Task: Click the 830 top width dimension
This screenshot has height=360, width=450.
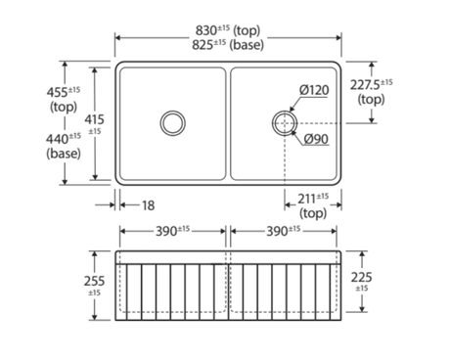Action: coord(228,30)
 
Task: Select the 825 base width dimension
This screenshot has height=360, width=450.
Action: coord(228,45)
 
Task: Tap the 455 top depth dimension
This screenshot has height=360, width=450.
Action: coord(64,99)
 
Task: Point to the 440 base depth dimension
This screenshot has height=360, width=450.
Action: coord(64,146)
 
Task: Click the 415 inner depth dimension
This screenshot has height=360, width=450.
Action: coord(95,123)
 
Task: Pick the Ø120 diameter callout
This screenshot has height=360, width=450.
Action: coord(314,90)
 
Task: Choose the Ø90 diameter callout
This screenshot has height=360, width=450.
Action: coord(316,139)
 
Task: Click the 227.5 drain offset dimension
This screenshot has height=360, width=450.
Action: coord(372,92)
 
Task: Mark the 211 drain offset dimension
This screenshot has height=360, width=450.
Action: coord(313,205)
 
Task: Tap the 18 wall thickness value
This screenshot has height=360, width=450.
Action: coord(148,205)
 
